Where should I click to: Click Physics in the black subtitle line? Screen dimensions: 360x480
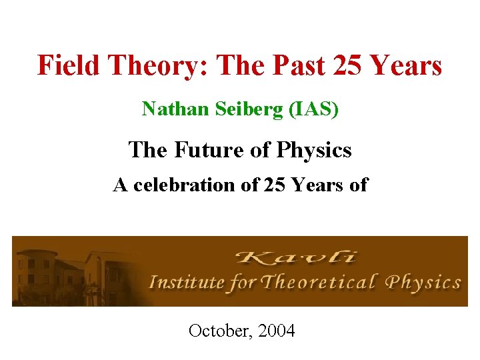(311, 150)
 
